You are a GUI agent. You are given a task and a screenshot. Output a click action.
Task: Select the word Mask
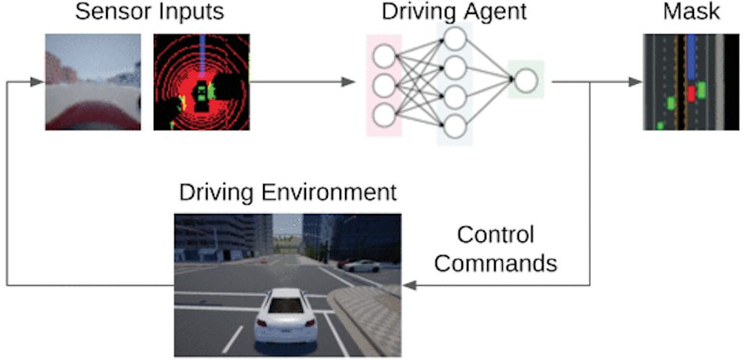(x=691, y=13)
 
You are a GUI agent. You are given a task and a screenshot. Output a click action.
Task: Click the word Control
(x=495, y=235)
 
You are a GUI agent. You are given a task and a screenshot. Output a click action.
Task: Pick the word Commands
(x=496, y=262)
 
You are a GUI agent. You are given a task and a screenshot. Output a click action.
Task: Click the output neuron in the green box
(x=525, y=79)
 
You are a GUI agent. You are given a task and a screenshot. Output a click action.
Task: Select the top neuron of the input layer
(x=383, y=56)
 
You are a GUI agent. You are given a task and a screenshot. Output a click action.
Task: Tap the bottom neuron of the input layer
(x=383, y=115)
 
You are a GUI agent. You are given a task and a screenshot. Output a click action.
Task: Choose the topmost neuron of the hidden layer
(x=454, y=37)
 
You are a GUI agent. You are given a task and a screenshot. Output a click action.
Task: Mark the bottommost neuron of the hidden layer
(x=454, y=126)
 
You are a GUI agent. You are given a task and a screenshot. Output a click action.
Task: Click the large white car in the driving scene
(x=286, y=315)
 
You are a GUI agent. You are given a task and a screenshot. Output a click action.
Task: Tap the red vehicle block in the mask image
(x=690, y=94)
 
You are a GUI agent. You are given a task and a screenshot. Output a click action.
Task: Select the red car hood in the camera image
(x=92, y=114)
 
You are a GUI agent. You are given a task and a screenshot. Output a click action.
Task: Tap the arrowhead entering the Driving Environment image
(x=408, y=286)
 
